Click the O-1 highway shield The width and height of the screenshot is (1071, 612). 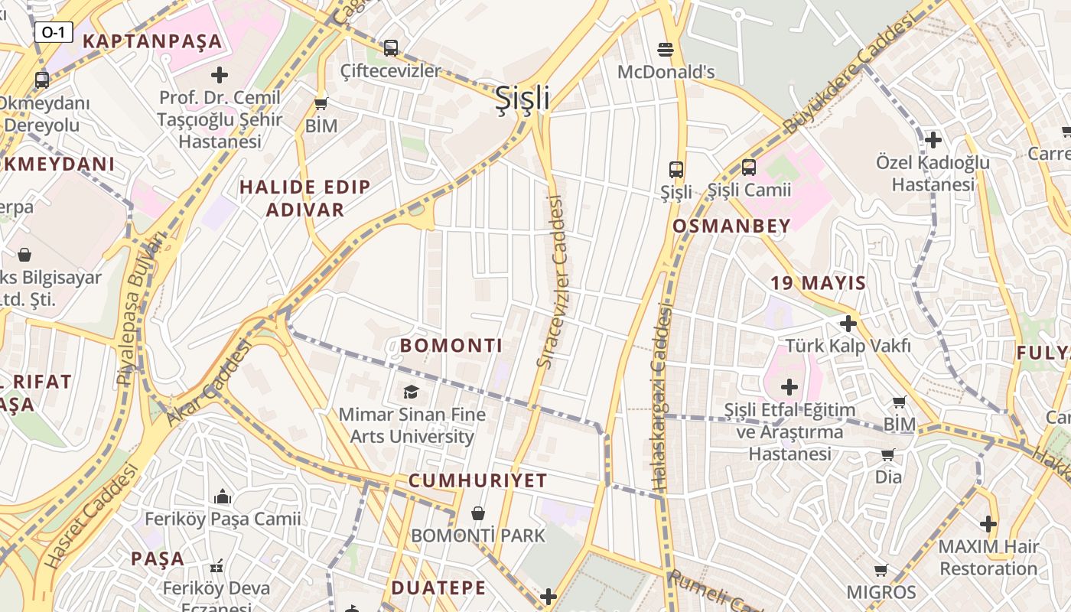54,32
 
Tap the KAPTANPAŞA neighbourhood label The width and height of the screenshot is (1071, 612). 152,41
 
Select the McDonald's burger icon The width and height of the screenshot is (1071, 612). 666,50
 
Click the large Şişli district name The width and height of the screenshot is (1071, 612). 522,98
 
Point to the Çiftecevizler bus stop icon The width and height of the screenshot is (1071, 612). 391,47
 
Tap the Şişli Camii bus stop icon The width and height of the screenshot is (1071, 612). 749,167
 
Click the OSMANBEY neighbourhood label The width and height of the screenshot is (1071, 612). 731,226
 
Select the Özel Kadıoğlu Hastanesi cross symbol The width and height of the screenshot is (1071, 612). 933,140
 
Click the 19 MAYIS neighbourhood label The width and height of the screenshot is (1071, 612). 818,283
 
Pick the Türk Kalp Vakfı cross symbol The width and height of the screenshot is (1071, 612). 848,323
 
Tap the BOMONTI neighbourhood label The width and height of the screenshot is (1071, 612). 451,346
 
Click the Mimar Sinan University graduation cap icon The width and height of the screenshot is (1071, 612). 412,392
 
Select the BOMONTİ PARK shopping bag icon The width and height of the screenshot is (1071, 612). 478,513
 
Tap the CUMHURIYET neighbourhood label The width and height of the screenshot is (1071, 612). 477,481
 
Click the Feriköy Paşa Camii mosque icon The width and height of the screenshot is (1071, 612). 223,497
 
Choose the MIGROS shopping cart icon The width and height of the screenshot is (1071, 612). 881,570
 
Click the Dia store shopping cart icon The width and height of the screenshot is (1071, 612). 888,455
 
